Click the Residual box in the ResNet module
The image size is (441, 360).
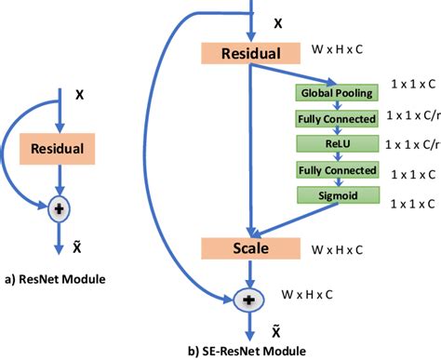(58, 148)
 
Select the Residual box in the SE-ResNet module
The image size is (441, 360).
(249, 53)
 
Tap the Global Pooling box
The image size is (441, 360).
(336, 93)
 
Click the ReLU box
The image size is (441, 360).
(336, 143)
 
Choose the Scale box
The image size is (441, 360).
(249, 247)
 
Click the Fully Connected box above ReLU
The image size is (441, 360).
(336, 119)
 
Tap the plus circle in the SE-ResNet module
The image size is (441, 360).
(249, 300)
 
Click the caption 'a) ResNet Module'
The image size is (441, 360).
(58, 280)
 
